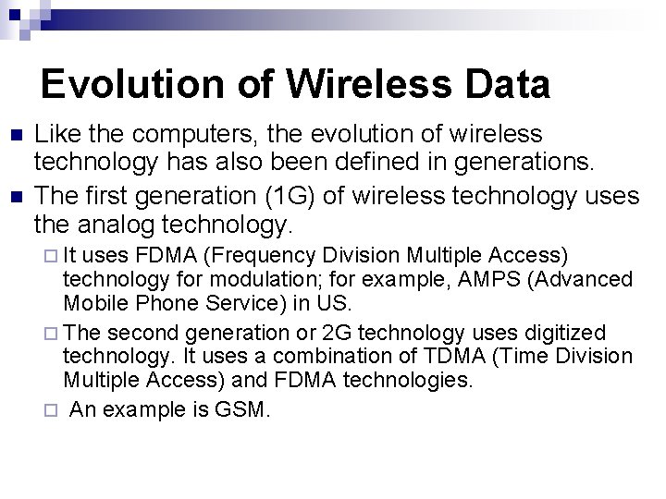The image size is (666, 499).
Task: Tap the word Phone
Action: coord(156,303)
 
